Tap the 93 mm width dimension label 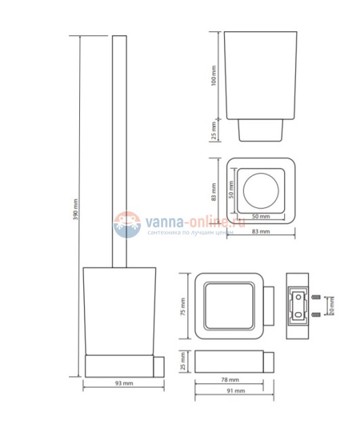tap(122, 384)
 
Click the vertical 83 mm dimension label tap(213, 193)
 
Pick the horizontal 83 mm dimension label tap(260, 232)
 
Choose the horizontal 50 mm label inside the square tap(260, 216)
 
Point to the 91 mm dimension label tap(233, 391)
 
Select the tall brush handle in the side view tap(119, 149)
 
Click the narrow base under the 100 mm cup tap(260, 129)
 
